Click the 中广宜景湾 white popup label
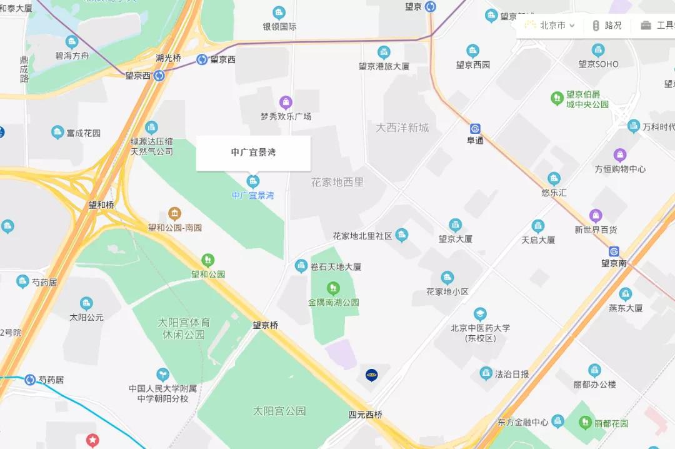click(x=253, y=153)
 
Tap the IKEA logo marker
click(x=371, y=375)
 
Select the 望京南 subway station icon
click(x=614, y=251)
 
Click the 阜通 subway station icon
click(x=475, y=129)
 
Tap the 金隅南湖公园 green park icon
click(x=333, y=288)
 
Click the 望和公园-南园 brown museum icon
click(x=175, y=214)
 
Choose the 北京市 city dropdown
click(x=550, y=26)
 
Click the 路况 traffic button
click(x=607, y=26)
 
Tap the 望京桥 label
click(x=266, y=325)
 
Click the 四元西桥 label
click(x=365, y=415)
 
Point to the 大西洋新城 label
click(x=402, y=128)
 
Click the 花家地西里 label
click(x=337, y=183)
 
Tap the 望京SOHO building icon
click(x=598, y=51)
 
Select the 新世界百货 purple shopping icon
click(x=596, y=216)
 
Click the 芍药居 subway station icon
click(x=30, y=380)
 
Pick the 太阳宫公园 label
click(x=279, y=411)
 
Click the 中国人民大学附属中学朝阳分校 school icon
click(x=162, y=375)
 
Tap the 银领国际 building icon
click(x=279, y=13)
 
